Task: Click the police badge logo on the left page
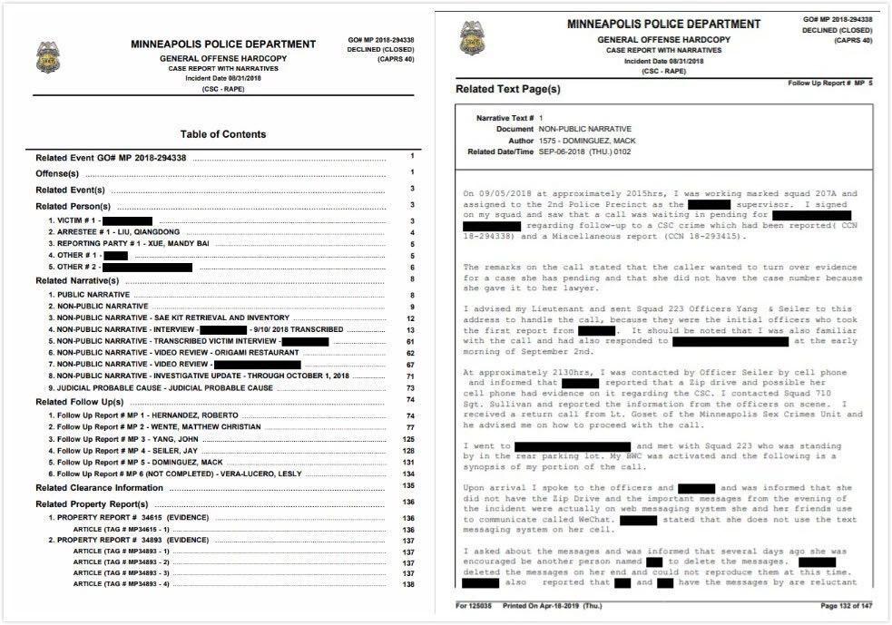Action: point(47,57)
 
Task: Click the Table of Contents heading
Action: point(223,134)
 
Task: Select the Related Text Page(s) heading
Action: point(508,90)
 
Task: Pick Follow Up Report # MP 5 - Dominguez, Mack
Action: point(132,463)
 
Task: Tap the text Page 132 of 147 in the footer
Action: point(846,606)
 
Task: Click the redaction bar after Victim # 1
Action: point(127,220)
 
